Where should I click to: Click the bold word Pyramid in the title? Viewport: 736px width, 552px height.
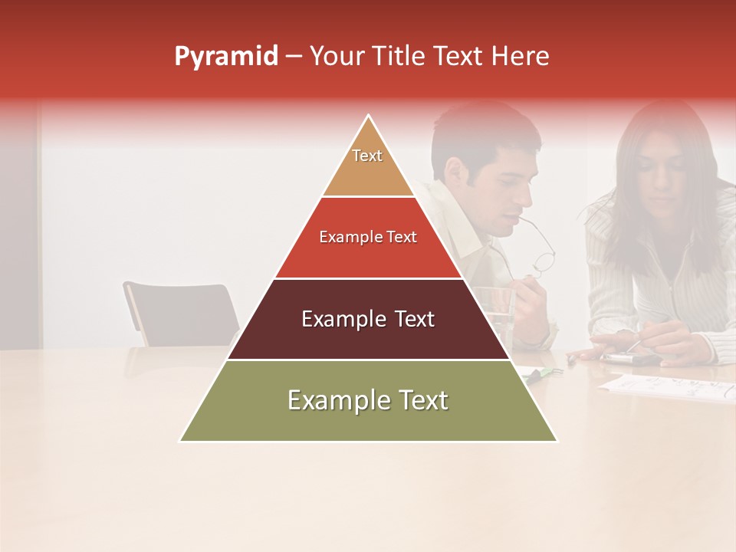click(225, 57)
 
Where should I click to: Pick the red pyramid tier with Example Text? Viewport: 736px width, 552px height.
click(368, 238)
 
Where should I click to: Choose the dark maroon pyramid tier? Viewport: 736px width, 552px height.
click(368, 319)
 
